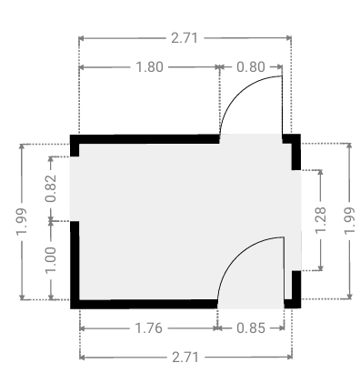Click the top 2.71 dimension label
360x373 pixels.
click(185, 38)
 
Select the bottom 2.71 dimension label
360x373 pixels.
click(185, 358)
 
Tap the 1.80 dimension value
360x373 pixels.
click(150, 67)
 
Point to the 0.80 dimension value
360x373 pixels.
click(251, 67)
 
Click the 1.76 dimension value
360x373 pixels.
click(148, 328)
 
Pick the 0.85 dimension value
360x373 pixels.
click(251, 328)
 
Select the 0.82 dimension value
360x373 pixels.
click(51, 188)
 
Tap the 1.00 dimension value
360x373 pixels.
click(51, 260)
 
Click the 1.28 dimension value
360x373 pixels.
click(321, 220)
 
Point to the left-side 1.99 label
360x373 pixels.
click(22, 222)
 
